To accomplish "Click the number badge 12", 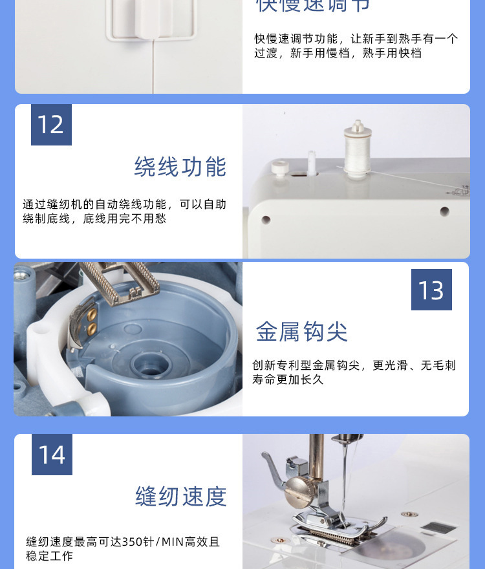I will (x=51, y=125).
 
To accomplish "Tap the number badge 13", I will (x=431, y=290).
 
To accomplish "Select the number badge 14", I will (x=52, y=455).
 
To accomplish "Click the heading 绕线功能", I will (x=180, y=167).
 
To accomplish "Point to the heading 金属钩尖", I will (x=301, y=332).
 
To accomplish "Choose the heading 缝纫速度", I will (x=181, y=497).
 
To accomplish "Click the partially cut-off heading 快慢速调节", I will (x=313, y=6).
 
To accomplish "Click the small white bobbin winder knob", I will (x=279, y=169).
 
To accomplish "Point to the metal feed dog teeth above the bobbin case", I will (x=123, y=279).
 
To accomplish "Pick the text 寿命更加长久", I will (x=288, y=380).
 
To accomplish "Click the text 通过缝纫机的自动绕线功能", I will (x=94, y=204).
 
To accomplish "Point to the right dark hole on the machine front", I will (x=444, y=211).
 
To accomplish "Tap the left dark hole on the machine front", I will (x=266, y=220).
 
